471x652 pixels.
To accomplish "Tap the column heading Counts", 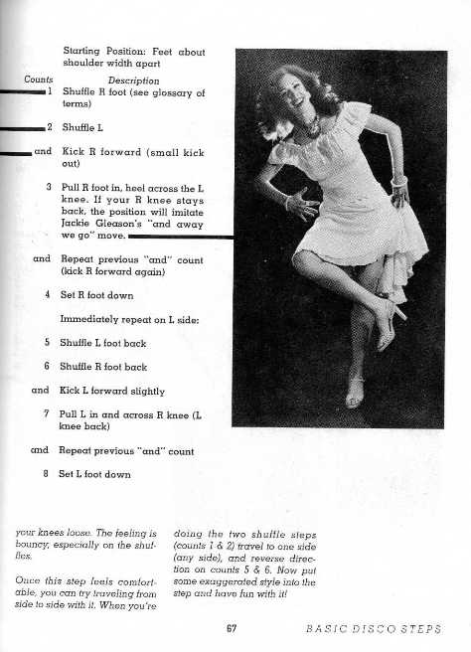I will pos(39,81).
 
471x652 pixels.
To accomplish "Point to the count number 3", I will pos(48,186).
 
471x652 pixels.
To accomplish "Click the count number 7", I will pos(48,411).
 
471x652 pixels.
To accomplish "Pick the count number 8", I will pos(48,474).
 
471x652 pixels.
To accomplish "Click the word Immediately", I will pos(93,319).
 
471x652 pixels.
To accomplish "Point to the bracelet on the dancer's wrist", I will pos(398,182).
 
